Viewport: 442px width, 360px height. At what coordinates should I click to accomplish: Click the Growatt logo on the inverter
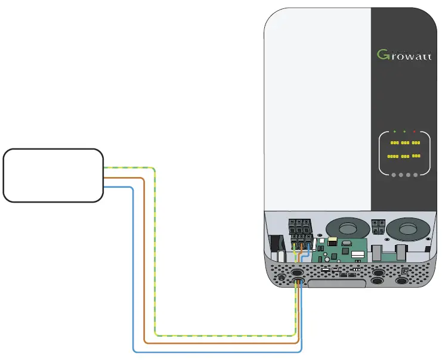[x=404, y=55]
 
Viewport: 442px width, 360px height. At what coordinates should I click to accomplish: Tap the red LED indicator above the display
[x=415, y=131]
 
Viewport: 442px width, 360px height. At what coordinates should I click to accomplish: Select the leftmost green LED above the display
[x=394, y=131]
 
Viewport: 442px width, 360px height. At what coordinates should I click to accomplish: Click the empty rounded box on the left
[x=53, y=175]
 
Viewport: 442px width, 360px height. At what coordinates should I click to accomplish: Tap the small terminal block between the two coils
[x=378, y=226]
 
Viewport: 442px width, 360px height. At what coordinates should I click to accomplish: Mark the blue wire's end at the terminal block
[x=308, y=245]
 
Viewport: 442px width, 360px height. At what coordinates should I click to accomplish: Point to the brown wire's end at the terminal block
[x=302, y=245]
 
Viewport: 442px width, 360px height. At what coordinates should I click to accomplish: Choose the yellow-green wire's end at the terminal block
[x=295, y=245]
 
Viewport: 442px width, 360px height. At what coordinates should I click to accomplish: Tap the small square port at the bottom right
[x=405, y=272]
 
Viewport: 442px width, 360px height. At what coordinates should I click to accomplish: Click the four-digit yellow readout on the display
[x=392, y=156]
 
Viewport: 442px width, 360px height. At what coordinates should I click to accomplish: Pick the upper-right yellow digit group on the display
[x=416, y=143]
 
